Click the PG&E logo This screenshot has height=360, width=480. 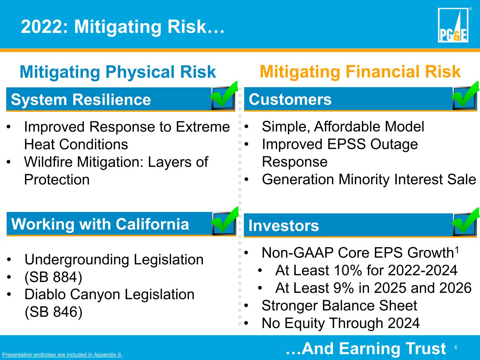(x=453, y=25)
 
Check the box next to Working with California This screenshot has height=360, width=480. (x=224, y=221)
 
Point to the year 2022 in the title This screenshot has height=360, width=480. (x=41, y=27)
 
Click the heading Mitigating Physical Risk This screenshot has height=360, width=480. (x=118, y=72)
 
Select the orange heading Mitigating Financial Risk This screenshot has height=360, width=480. (x=360, y=72)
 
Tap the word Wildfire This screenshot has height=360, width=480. (x=48, y=162)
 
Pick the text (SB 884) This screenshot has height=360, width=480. (x=53, y=277)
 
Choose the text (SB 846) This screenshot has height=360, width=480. (x=53, y=312)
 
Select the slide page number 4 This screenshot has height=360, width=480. (x=455, y=347)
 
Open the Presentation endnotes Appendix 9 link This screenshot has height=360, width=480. (x=62, y=354)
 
